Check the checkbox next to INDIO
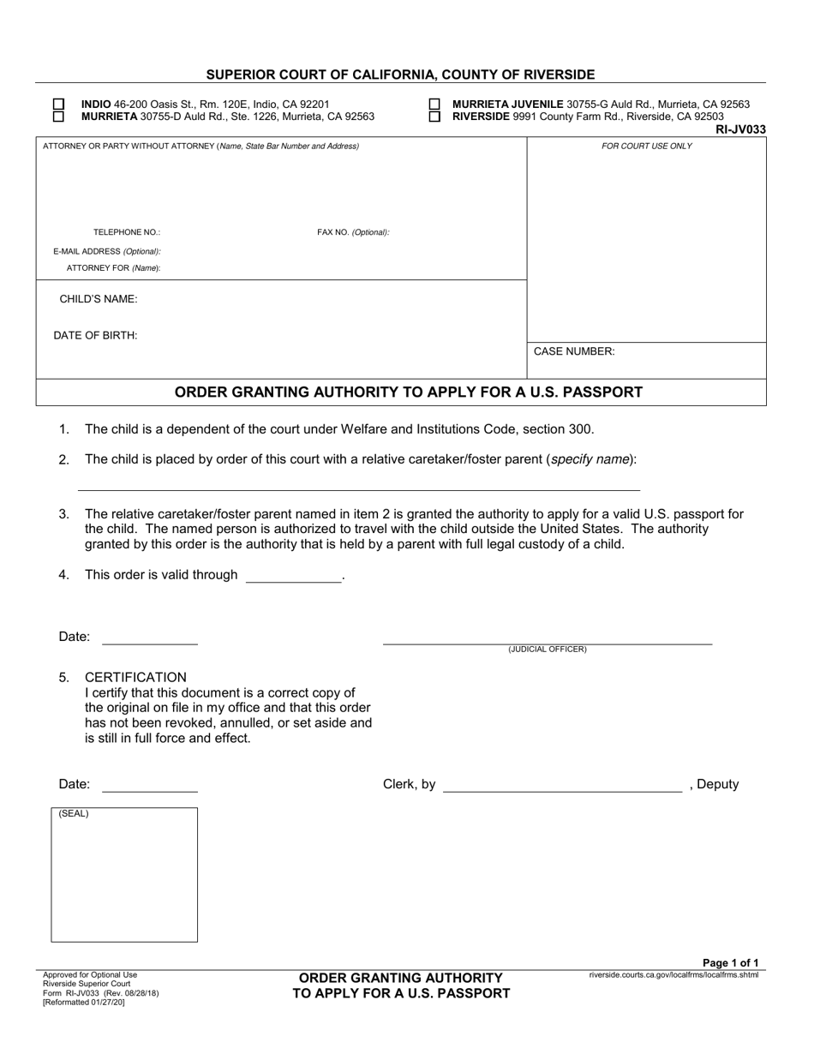pyautogui.click(x=59, y=105)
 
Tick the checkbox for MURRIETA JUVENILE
pyautogui.click(x=434, y=105)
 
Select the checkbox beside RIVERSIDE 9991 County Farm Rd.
pyautogui.click(x=434, y=117)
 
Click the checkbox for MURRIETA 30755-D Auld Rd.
pyautogui.click(x=59, y=117)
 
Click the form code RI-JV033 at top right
pyautogui.click(x=740, y=129)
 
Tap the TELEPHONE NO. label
pyautogui.click(x=127, y=232)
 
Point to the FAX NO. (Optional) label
pyautogui.click(x=353, y=232)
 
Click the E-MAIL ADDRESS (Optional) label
pyautogui.click(x=107, y=251)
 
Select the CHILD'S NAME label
pyautogui.click(x=99, y=299)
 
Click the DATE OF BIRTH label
pyautogui.click(x=95, y=335)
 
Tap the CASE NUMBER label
pyautogui.click(x=574, y=351)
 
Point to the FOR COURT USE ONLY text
pyautogui.click(x=646, y=147)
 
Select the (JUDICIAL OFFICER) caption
pyautogui.click(x=548, y=650)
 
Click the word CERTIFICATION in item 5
pyautogui.click(x=135, y=677)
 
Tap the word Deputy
pyautogui.click(x=718, y=784)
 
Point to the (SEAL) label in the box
pyautogui.click(x=74, y=814)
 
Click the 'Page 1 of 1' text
pyautogui.click(x=730, y=963)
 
